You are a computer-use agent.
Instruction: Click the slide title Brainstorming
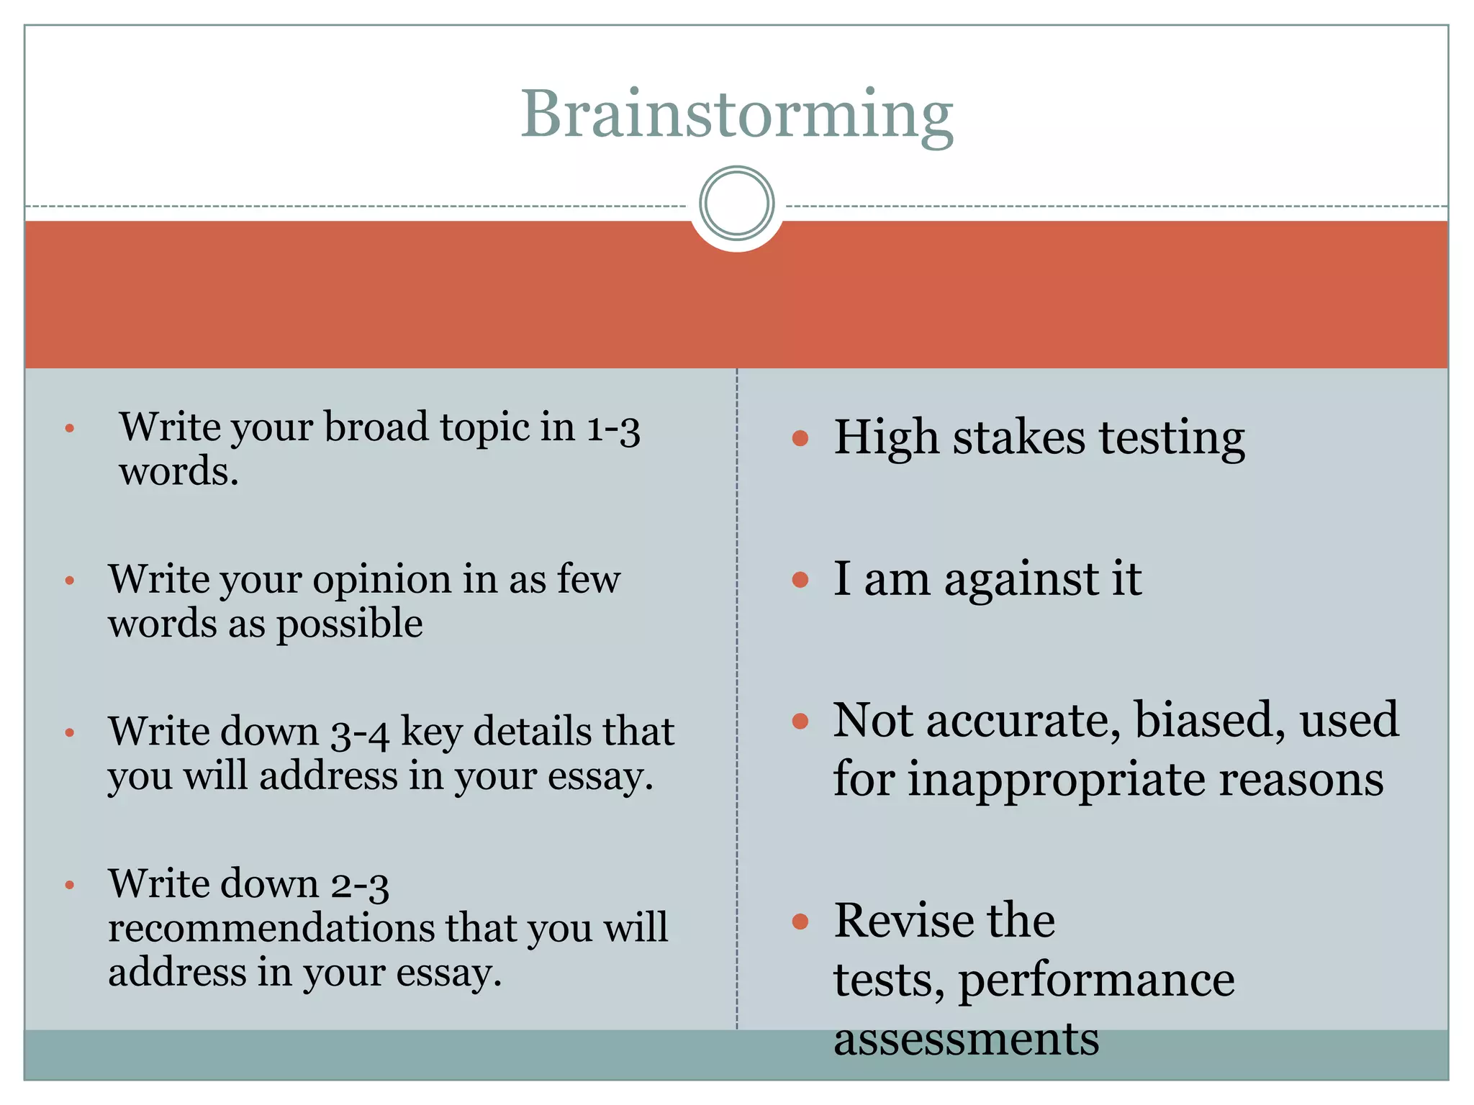pos(736,115)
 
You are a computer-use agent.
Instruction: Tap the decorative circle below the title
pos(736,204)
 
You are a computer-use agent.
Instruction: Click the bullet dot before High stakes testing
pos(800,439)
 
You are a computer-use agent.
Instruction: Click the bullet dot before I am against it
pos(800,580)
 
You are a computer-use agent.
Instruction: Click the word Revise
pos(903,921)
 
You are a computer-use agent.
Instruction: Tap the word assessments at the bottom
pos(966,1040)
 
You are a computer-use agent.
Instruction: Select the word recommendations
pos(271,928)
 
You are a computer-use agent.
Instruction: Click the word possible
pos(350,624)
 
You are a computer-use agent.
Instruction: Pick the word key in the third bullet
pos(430,733)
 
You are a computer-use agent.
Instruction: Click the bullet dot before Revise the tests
pos(800,922)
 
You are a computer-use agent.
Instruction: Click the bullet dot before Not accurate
pos(800,722)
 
